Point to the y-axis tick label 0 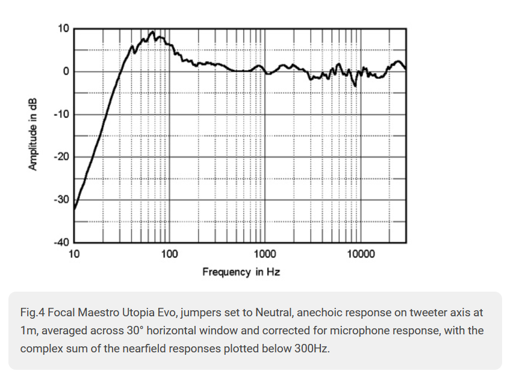click(67, 72)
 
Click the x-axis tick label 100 click(169, 254)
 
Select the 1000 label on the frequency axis click(265, 254)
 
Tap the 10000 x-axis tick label click(361, 254)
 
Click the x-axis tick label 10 click(74, 254)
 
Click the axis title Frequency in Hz click(241, 272)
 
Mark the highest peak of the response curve click(153, 32)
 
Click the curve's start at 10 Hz click(74, 209)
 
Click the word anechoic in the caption click(320, 313)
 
